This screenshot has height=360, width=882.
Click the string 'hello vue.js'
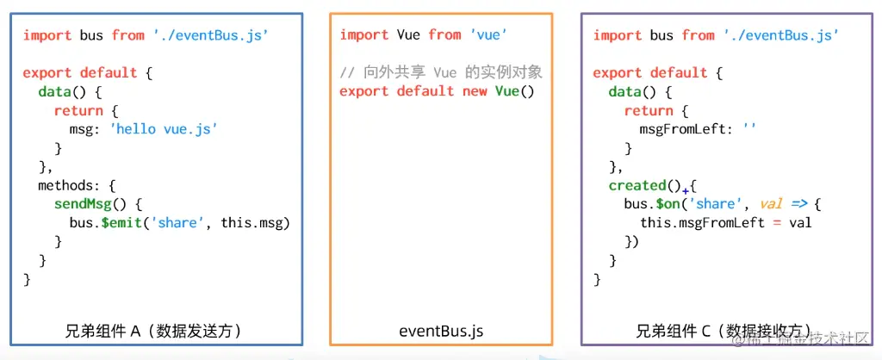(163, 129)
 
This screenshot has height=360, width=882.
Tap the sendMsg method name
(82, 204)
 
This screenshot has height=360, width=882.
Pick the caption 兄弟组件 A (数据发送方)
(153, 331)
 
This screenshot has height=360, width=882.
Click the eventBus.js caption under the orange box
(441, 332)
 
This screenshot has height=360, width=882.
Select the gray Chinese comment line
(441, 72)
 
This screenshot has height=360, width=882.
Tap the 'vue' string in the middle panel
(489, 35)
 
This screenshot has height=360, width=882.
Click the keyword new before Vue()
(475, 91)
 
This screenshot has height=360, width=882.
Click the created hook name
(637, 186)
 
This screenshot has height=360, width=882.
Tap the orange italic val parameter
(771, 204)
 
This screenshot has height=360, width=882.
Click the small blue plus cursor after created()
(686, 191)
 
